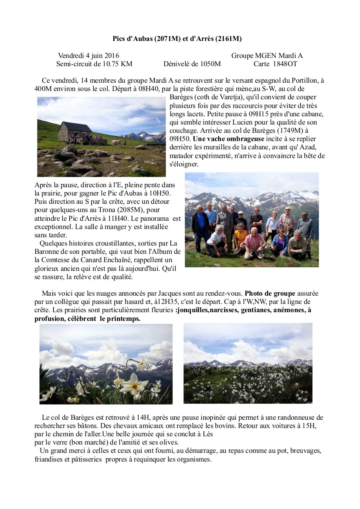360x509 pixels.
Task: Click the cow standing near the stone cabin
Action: pos(115,143)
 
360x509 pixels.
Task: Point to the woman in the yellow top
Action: pos(240,237)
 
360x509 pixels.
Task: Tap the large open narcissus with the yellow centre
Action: pos(134,384)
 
